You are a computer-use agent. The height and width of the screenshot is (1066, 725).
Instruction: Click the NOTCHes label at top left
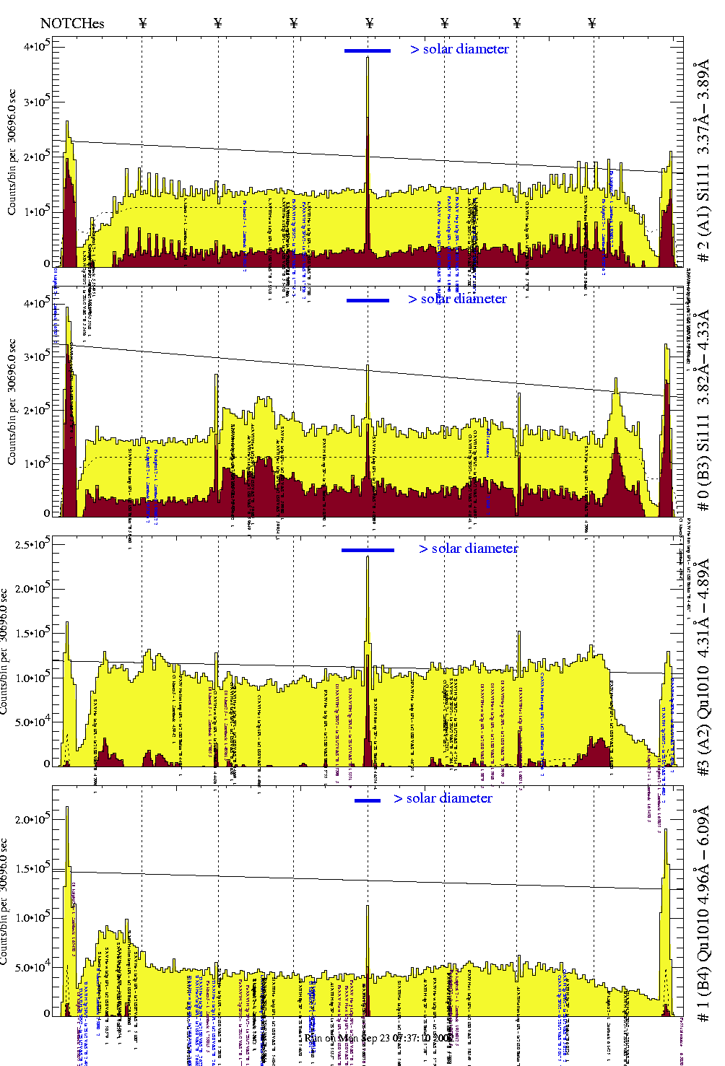tap(72, 23)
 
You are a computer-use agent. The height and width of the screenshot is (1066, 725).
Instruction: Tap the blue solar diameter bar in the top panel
tap(367, 51)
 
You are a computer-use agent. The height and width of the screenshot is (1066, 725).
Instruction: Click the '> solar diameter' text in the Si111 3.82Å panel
tap(457, 299)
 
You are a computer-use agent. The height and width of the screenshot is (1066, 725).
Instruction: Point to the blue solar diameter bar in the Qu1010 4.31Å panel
tap(368, 550)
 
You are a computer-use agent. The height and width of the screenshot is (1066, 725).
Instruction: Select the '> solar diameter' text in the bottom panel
tap(443, 798)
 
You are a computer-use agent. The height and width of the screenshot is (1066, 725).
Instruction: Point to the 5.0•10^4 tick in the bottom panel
tap(32, 967)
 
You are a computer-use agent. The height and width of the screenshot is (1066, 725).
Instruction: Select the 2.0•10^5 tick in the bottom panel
tap(32, 819)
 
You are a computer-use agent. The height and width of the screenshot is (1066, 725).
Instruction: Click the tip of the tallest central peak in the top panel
tap(368, 58)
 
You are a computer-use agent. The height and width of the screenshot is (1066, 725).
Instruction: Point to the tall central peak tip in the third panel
tap(368, 556)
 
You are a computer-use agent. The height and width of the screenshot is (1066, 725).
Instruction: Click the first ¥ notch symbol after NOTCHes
tap(142, 23)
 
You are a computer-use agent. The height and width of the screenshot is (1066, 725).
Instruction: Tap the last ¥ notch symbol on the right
tap(592, 23)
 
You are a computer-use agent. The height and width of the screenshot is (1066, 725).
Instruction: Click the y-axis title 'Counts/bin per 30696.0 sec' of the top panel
tap(12, 152)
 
